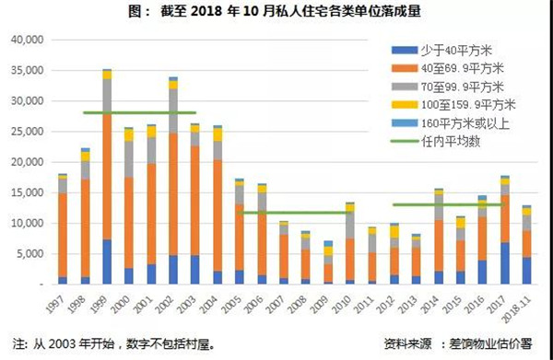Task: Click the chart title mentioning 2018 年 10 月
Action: click(276, 12)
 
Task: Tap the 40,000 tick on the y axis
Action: click(28, 40)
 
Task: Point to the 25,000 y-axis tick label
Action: click(28, 132)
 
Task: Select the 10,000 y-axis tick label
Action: click(28, 224)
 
